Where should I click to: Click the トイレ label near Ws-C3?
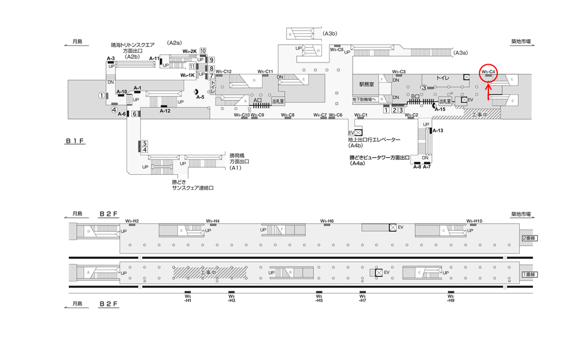pyautogui.click(x=443, y=78)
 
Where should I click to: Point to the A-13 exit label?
pyautogui.click(x=438, y=130)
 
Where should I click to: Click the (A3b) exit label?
pyautogui.click(x=331, y=34)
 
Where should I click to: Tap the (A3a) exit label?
pyautogui.click(x=460, y=54)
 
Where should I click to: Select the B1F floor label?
pyautogui.click(x=77, y=141)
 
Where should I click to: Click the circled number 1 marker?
pyautogui.click(x=102, y=95)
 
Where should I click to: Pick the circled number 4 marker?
pyautogui.click(x=114, y=109)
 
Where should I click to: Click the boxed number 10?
pyautogui.click(x=203, y=51)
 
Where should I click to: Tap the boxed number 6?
pyautogui.click(x=135, y=114)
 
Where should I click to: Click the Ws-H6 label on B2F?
pyautogui.click(x=327, y=221)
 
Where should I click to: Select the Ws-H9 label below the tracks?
pyautogui.click(x=451, y=298)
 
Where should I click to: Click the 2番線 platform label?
pyautogui.click(x=529, y=238)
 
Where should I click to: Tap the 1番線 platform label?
pyautogui.click(x=529, y=274)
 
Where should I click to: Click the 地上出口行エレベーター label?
pyautogui.click(x=374, y=140)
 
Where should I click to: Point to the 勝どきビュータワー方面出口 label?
pyautogui.click(x=381, y=158)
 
